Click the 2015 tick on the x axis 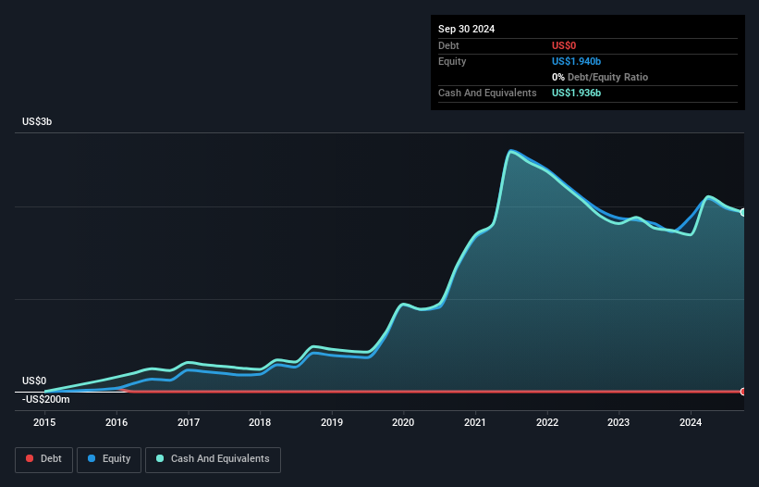tap(44, 422)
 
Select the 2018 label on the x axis tap(260, 422)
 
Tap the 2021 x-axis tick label tap(475, 422)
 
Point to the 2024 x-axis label tap(691, 422)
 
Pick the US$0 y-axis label tap(34, 381)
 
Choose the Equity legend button tap(109, 458)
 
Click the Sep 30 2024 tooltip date tap(467, 29)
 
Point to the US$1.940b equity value tap(576, 61)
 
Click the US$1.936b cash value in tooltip tap(576, 93)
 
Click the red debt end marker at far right tap(742, 392)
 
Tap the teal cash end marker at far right tap(742, 212)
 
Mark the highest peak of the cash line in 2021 tap(510, 151)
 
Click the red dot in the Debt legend tap(31, 458)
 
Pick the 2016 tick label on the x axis tap(116, 422)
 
